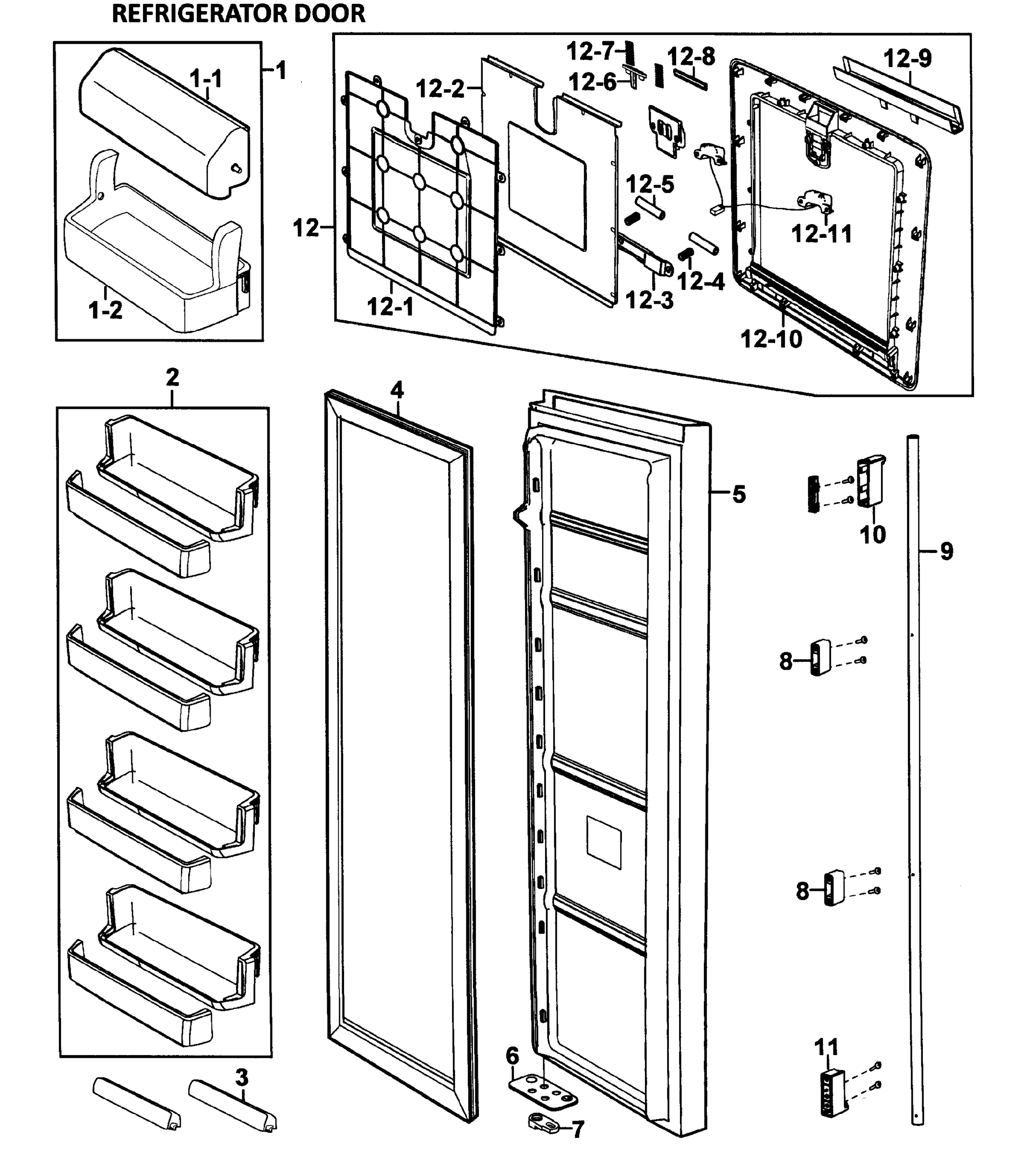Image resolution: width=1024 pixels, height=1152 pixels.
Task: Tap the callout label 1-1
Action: [x=206, y=79]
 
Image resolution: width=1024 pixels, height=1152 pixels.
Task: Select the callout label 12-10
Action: [x=771, y=339]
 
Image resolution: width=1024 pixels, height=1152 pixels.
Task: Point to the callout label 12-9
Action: [x=907, y=58]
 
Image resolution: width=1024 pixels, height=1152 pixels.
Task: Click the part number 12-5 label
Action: [x=650, y=184]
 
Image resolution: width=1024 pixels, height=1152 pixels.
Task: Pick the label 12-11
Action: [x=822, y=233]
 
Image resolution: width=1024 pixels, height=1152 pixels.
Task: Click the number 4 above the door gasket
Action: [x=397, y=390]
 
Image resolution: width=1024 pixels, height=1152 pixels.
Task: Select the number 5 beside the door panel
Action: [x=739, y=494]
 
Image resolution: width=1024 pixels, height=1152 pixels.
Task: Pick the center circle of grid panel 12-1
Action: [x=419, y=181]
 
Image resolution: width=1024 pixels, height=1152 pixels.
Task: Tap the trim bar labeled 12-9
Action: [x=899, y=96]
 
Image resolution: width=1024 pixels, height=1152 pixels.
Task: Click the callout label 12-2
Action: [x=440, y=88]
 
